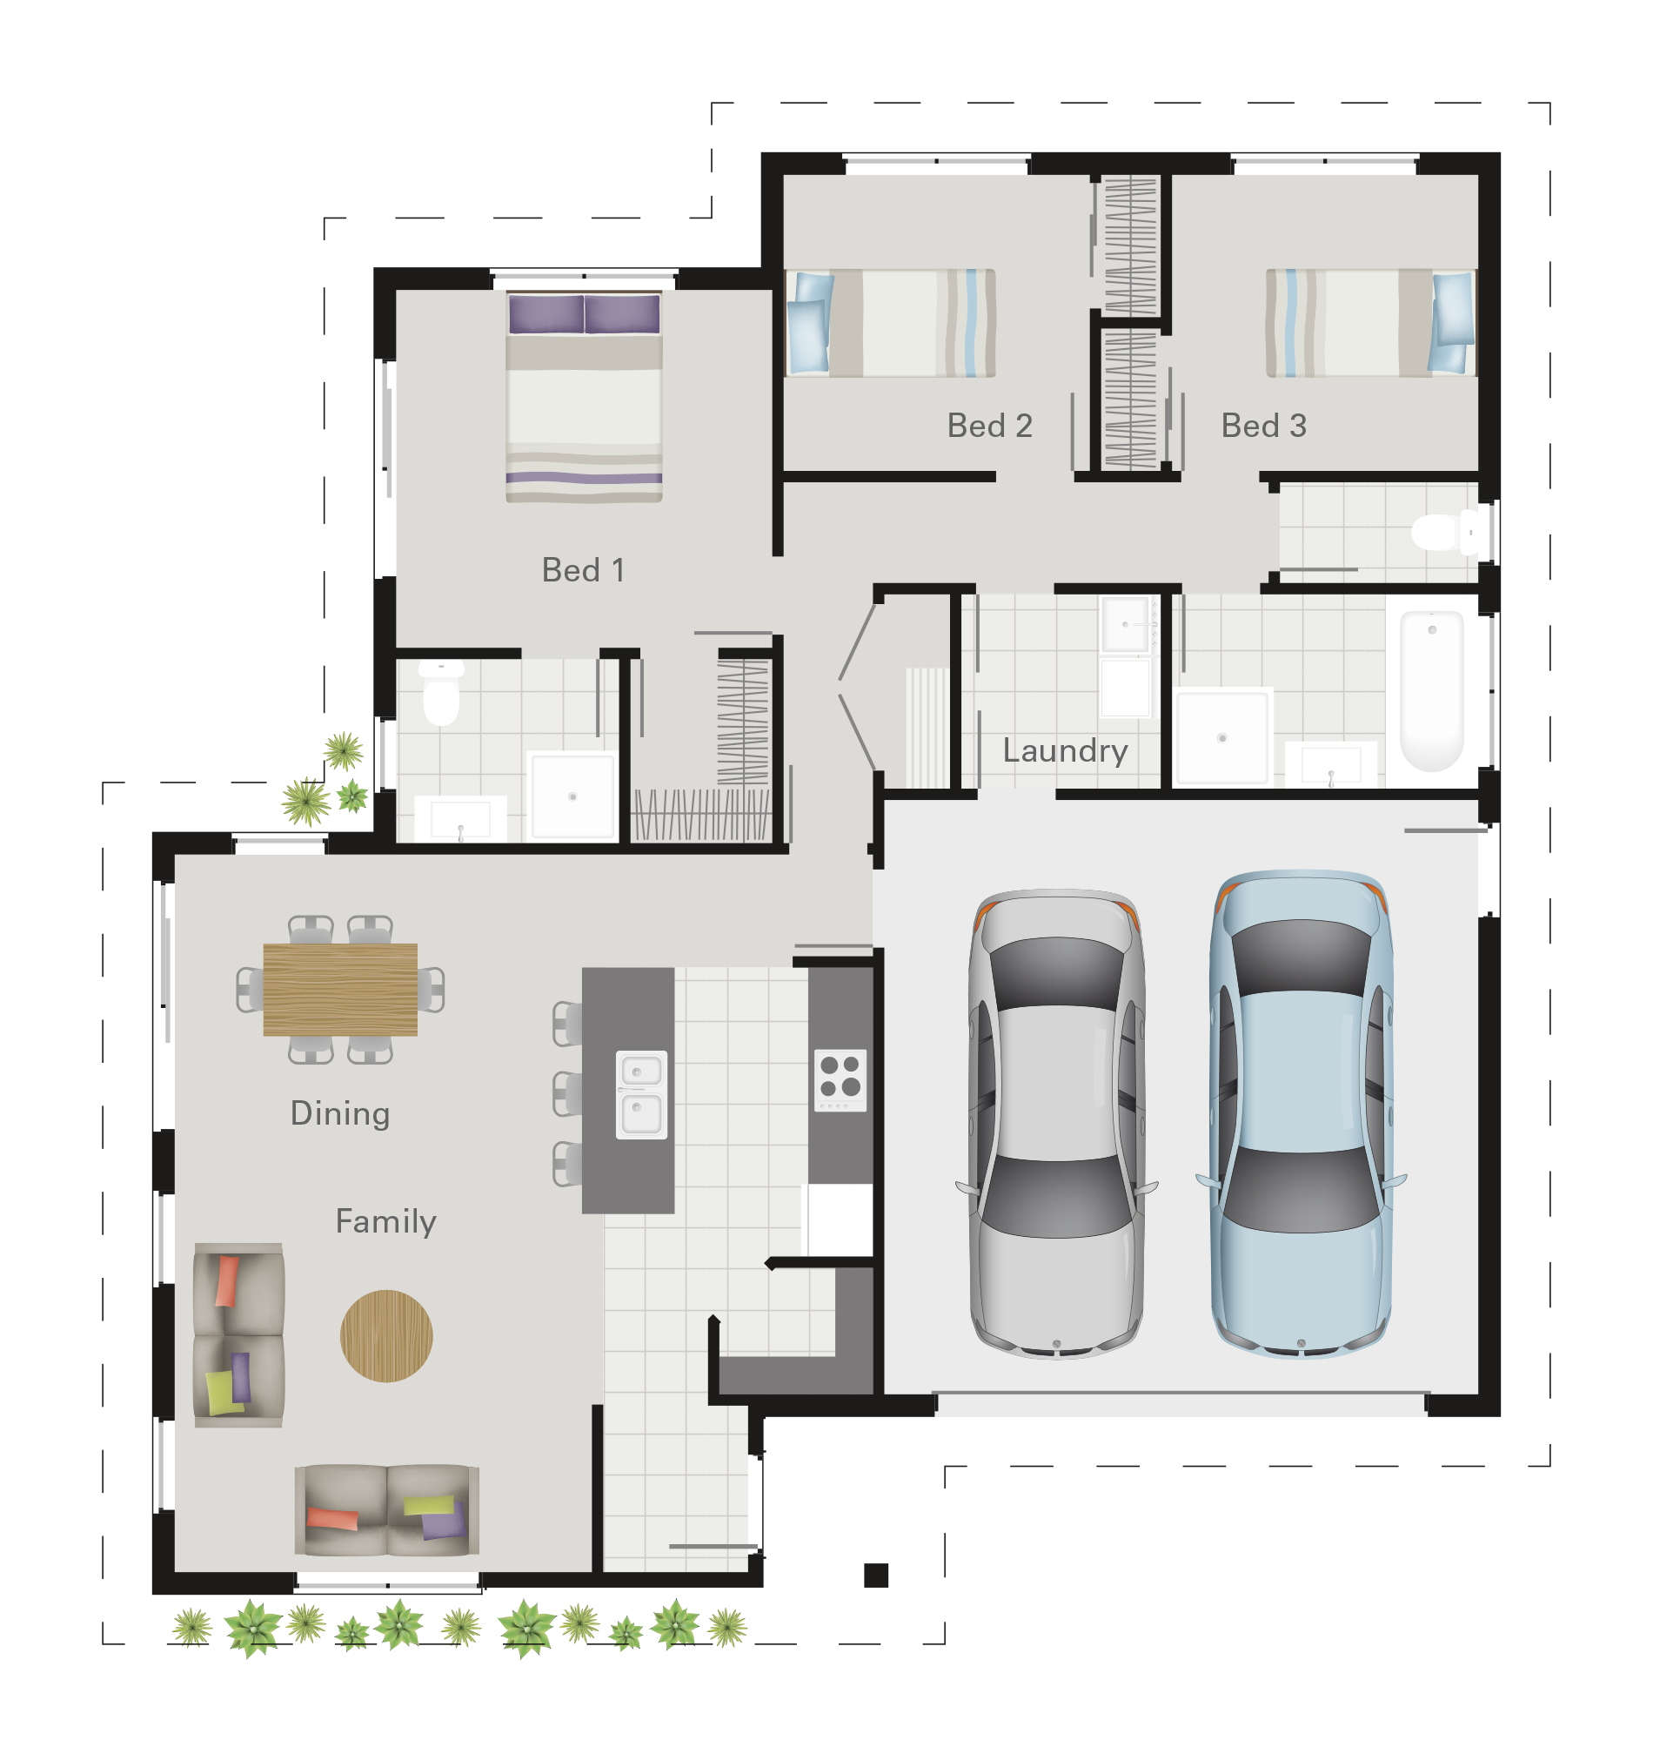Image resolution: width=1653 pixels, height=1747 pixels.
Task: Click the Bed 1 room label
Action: [582, 569]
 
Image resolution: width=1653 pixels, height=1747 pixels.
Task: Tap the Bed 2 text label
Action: [988, 425]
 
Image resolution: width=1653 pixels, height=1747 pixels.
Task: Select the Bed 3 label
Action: [1262, 425]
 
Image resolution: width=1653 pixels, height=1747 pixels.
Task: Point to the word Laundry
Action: [1064, 750]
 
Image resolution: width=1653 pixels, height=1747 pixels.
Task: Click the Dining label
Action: [340, 1112]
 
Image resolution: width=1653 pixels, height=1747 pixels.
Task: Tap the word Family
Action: [386, 1220]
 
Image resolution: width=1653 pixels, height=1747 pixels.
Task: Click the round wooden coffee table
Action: [386, 1335]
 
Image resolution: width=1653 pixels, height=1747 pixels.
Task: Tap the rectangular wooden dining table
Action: [340, 989]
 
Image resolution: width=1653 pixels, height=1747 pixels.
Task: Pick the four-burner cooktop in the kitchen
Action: [840, 1078]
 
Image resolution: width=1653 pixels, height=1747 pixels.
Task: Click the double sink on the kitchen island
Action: [640, 1094]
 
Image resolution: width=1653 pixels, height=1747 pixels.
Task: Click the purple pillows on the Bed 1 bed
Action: [583, 313]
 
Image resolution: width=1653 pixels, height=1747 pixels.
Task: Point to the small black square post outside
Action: [875, 1575]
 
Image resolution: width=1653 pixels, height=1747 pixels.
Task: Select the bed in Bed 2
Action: [890, 323]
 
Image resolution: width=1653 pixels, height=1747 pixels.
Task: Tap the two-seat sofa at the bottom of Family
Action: [387, 1510]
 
